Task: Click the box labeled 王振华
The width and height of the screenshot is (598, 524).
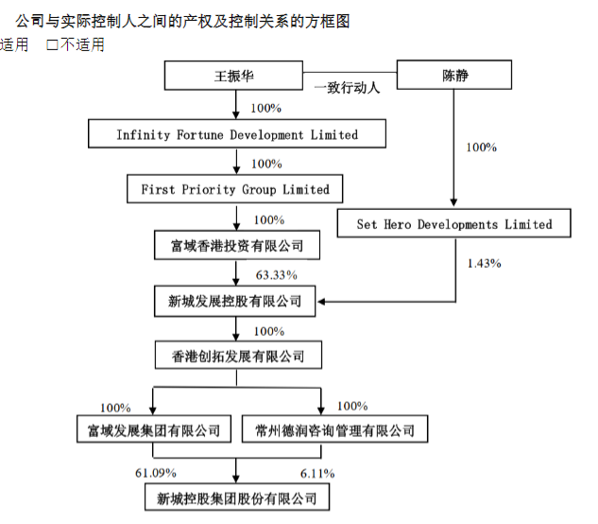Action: coord(233,76)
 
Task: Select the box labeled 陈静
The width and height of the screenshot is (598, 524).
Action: coord(454,75)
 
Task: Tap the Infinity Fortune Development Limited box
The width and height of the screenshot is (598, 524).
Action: coord(237,134)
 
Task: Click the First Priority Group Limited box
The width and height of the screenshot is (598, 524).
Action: coord(235,189)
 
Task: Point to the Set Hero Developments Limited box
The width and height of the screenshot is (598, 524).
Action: coord(454,224)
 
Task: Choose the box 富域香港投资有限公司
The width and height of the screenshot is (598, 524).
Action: coord(237,246)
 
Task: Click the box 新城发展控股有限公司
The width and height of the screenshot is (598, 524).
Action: coord(236,302)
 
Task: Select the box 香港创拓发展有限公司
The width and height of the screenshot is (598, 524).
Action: coord(237,357)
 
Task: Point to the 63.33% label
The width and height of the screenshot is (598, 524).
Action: coord(277,275)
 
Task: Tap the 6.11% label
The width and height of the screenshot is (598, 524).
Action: coord(317,472)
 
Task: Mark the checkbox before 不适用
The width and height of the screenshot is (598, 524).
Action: coord(52,44)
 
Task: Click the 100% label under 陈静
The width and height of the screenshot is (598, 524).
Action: coord(482,148)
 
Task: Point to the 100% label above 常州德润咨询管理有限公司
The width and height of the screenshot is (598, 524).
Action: coord(351,407)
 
